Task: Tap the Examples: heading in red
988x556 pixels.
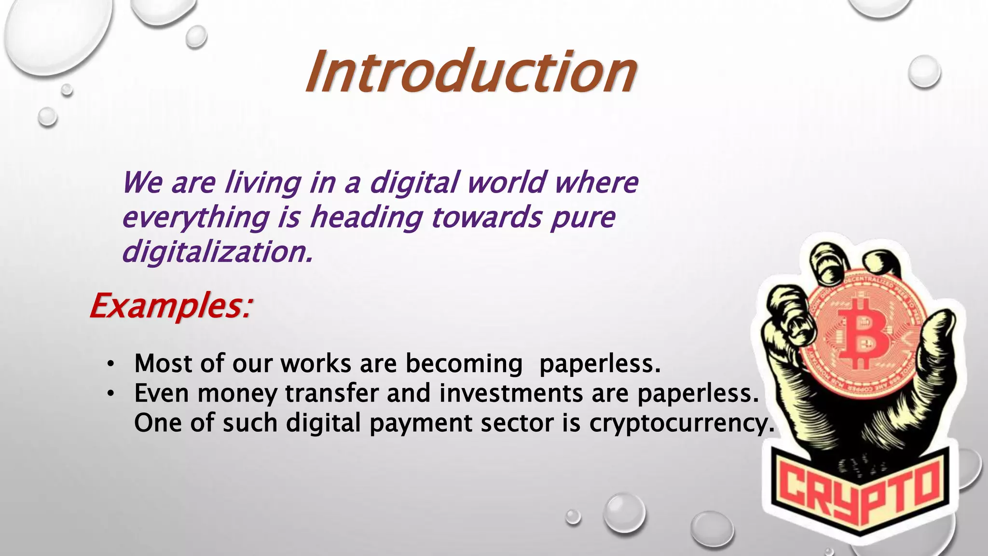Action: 171,306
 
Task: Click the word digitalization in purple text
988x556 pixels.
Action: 217,252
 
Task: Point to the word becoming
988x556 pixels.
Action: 464,363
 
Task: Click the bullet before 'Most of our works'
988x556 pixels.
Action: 110,364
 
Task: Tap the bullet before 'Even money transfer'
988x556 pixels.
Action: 110,394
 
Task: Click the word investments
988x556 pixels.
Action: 511,393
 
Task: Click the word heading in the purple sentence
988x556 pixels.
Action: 366,218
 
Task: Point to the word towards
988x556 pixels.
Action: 487,217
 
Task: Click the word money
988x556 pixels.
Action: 237,394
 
